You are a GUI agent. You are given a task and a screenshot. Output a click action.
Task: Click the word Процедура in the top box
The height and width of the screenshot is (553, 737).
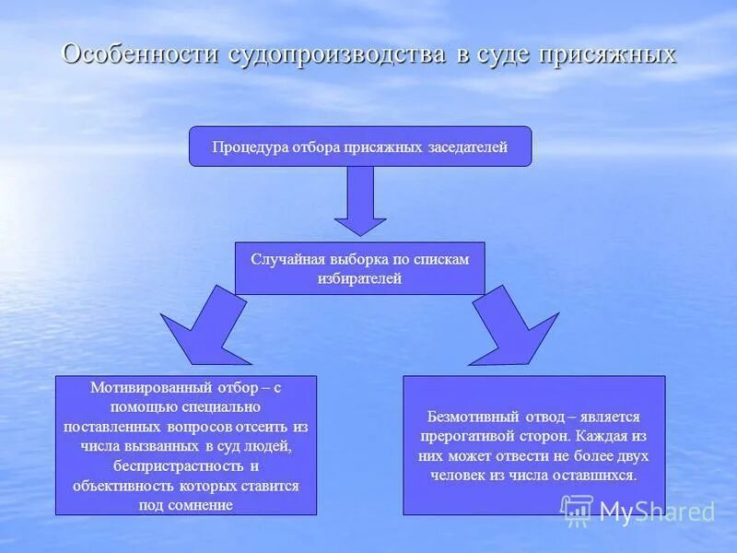click(x=251, y=147)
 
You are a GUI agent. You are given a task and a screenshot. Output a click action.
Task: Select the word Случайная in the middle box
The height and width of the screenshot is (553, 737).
click(x=283, y=259)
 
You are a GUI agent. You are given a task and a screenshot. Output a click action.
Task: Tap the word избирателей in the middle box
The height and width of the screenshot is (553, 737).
click(x=359, y=278)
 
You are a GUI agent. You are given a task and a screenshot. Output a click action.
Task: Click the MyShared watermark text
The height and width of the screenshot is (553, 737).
click(x=656, y=511)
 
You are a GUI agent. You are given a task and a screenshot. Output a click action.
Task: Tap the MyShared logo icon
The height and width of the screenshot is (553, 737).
click(x=578, y=510)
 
